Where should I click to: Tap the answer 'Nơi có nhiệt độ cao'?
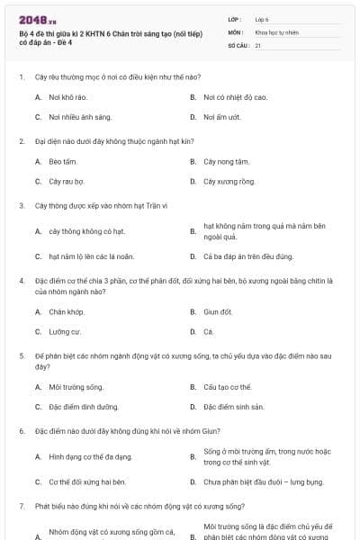coord(236,96)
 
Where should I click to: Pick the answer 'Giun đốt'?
coord(219,311)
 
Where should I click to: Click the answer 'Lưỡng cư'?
coord(63,331)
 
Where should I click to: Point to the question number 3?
coord(21,205)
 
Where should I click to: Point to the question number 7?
coord(21,507)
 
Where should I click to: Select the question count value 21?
coord(258,44)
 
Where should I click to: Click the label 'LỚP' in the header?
coord(235,19)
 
